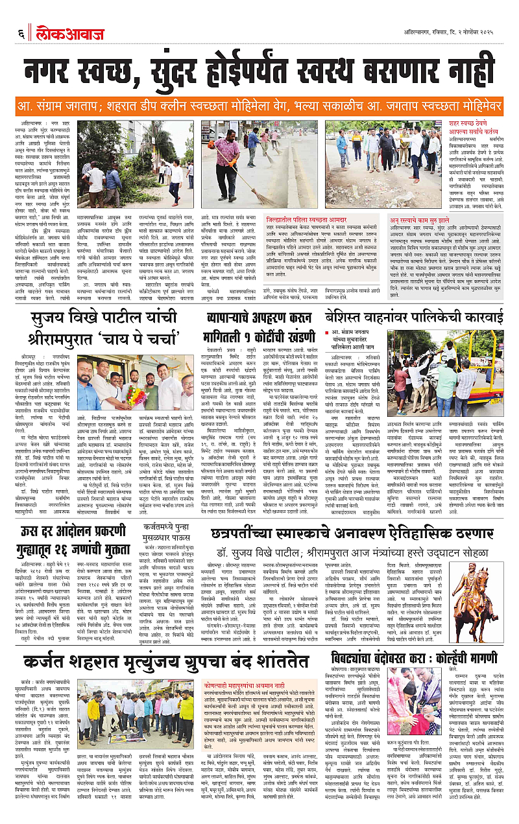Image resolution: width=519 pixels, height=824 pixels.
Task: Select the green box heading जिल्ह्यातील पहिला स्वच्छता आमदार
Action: pyautogui.click(x=272, y=220)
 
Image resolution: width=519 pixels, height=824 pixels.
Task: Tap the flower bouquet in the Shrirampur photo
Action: pyautogui.click(x=136, y=394)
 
